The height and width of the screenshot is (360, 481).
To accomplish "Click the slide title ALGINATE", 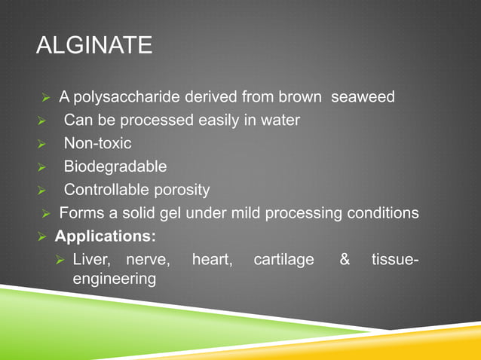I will coord(94,46).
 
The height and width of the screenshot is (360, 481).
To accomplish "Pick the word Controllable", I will coord(109,190).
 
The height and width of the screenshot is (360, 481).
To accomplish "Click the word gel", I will coord(176,213).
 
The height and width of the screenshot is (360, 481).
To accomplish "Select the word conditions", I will coord(381,213).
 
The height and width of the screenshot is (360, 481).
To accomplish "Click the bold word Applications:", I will coord(106,236).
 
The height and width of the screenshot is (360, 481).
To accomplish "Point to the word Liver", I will coord(90,260).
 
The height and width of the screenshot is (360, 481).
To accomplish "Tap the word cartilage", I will coord(283,260).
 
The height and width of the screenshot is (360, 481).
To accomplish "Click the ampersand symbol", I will coord(345,260).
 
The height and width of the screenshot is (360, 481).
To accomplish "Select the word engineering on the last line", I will coord(114,279).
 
